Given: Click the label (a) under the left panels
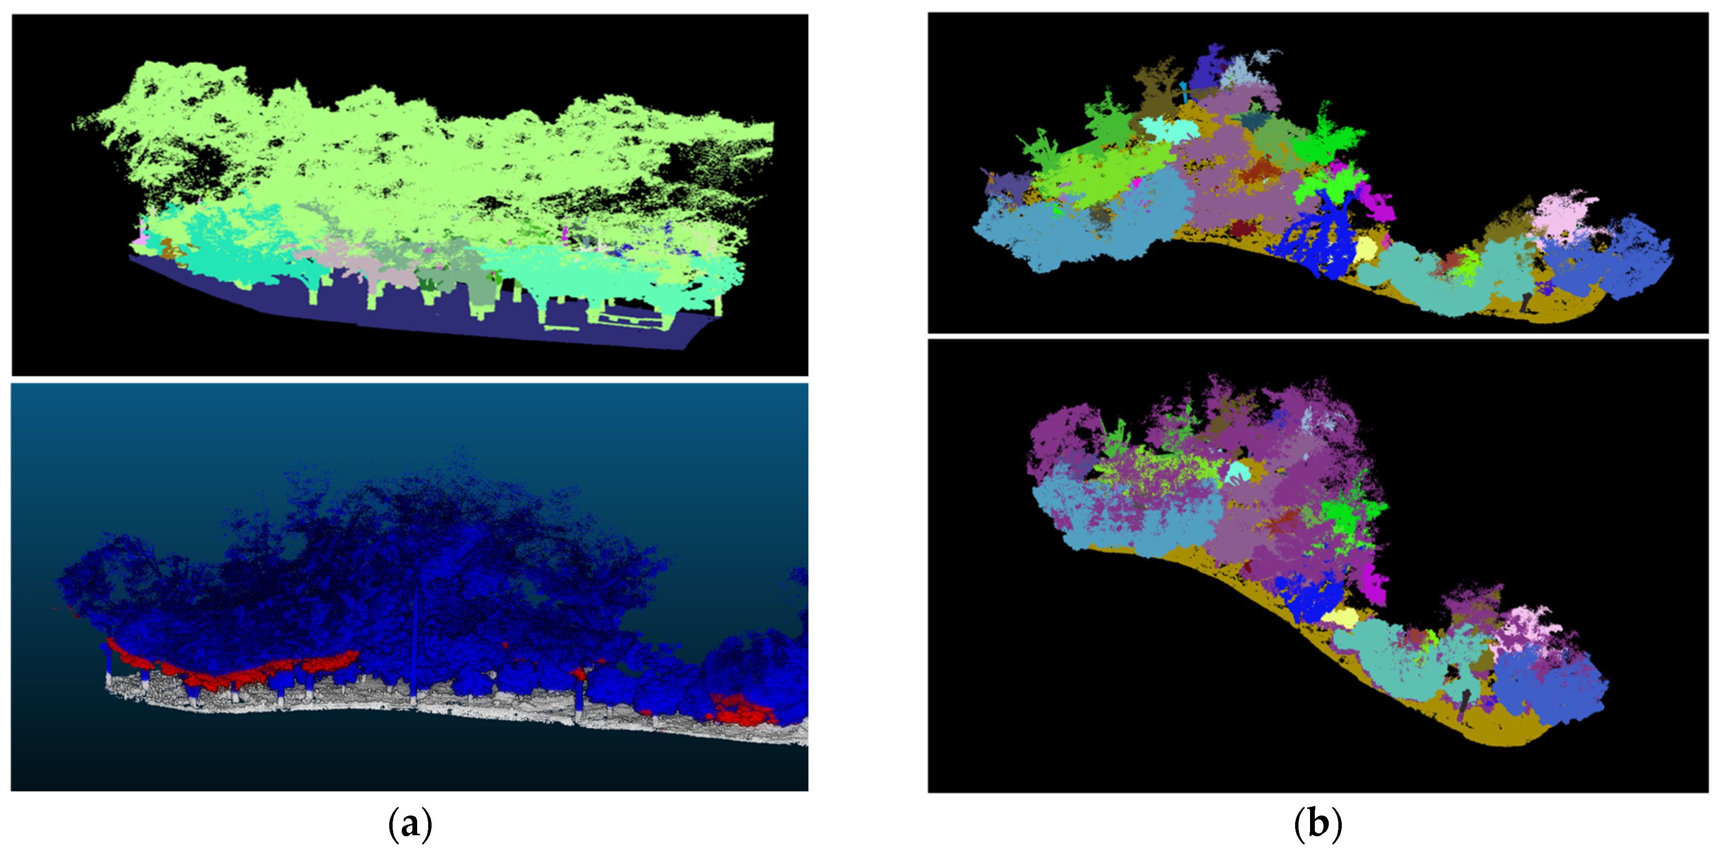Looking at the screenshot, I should coord(410,825).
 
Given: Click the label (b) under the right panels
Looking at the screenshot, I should coord(1317,825).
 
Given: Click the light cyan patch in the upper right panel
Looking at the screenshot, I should coord(1164,129).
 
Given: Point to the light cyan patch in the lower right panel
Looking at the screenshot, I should coord(1238,473).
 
